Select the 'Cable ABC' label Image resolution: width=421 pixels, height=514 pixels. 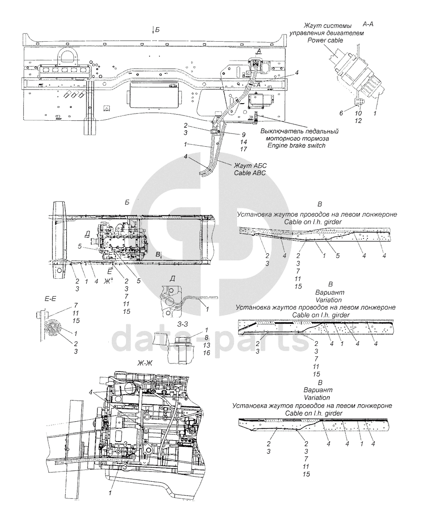click(250, 173)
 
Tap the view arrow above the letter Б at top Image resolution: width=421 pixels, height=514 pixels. click(152, 29)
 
